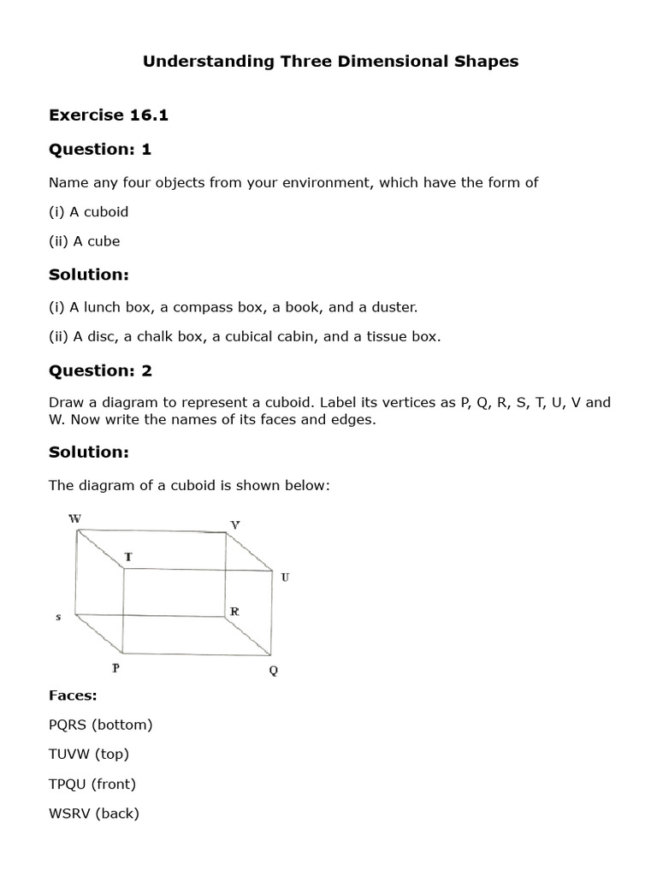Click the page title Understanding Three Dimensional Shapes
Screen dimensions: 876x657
[330, 62]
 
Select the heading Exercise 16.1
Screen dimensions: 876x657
[108, 115]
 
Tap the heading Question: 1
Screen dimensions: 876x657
[99, 150]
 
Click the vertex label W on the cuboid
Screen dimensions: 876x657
[75, 518]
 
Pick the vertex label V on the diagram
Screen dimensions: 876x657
[235, 524]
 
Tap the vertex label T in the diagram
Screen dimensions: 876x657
[128, 557]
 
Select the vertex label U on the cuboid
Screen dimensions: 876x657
[285, 577]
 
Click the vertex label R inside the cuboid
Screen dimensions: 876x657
[234, 612]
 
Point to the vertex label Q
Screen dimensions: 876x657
[274, 671]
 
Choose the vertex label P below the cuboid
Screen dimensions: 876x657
[115, 668]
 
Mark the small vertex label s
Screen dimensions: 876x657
[58, 617]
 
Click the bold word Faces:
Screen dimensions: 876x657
[73, 695]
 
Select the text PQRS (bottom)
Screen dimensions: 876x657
[100, 725]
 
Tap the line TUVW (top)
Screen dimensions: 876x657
[88, 754]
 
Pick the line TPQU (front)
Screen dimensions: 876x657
[92, 784]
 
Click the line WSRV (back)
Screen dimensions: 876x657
[93, 814]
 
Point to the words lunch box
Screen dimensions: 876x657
[109, 306]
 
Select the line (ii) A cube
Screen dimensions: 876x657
[84, 241]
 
